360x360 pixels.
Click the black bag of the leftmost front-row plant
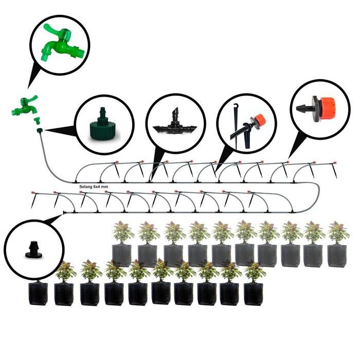38,294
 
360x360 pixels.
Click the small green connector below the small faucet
37,122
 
